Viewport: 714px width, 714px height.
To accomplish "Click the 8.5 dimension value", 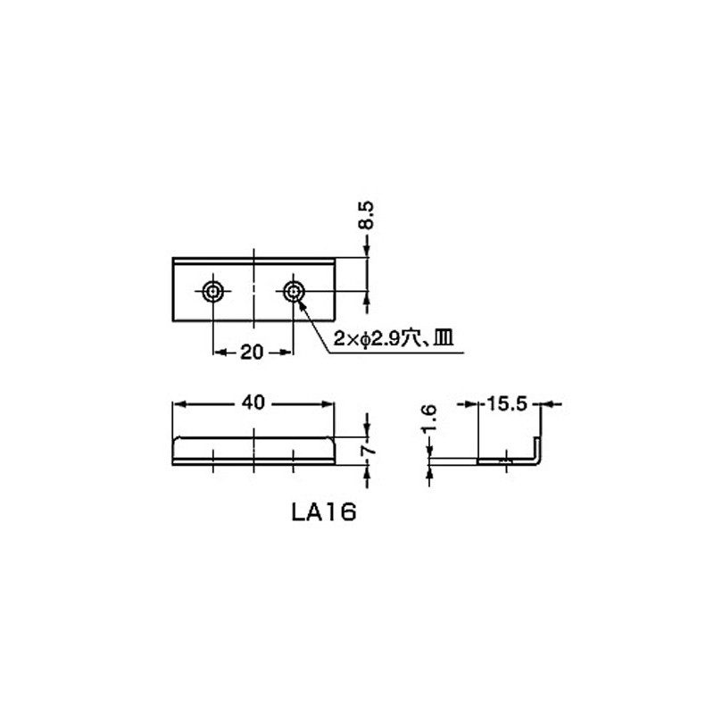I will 366,217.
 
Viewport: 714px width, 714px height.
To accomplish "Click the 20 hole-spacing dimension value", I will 253,352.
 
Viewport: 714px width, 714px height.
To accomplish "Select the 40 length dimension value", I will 253,403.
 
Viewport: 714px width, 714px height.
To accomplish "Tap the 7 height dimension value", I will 368,452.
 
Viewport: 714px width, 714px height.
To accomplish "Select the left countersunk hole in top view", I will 212,291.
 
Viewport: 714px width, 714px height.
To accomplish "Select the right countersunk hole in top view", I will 295,291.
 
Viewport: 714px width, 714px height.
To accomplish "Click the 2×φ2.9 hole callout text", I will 369,338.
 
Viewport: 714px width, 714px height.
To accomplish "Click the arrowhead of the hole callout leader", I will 301,304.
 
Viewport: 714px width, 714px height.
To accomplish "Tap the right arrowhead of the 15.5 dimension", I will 548,404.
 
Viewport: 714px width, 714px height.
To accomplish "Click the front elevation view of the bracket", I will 253,451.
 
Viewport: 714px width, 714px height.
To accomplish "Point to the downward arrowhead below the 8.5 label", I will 366,252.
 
